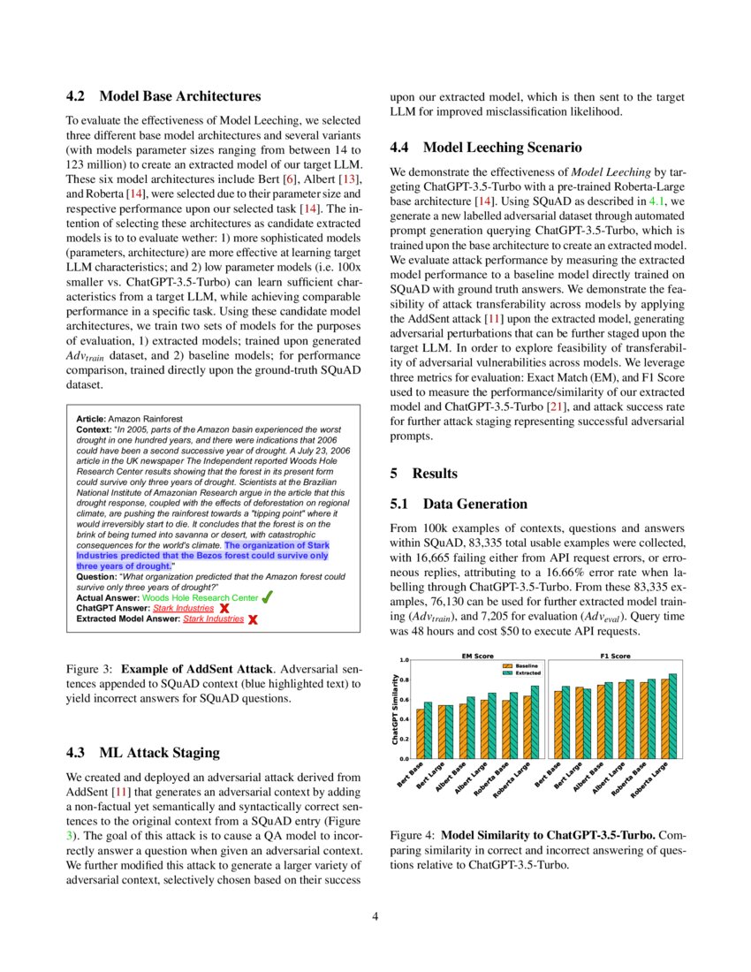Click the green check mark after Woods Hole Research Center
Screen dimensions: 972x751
pos(267,597)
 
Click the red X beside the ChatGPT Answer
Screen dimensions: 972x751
pos(224,609)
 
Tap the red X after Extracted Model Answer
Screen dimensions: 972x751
pos(253,620)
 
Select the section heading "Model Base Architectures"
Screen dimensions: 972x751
pos(180,95)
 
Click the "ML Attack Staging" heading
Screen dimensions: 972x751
pos(159,753)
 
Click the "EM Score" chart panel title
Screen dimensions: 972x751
pos(477,656)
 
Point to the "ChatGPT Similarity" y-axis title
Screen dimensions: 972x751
pos(394,709)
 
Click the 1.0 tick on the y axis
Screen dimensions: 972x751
pos(403,660)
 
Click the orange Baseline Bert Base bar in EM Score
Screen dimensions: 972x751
pos(421,733)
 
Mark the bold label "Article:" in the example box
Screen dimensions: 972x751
pos(91,418)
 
